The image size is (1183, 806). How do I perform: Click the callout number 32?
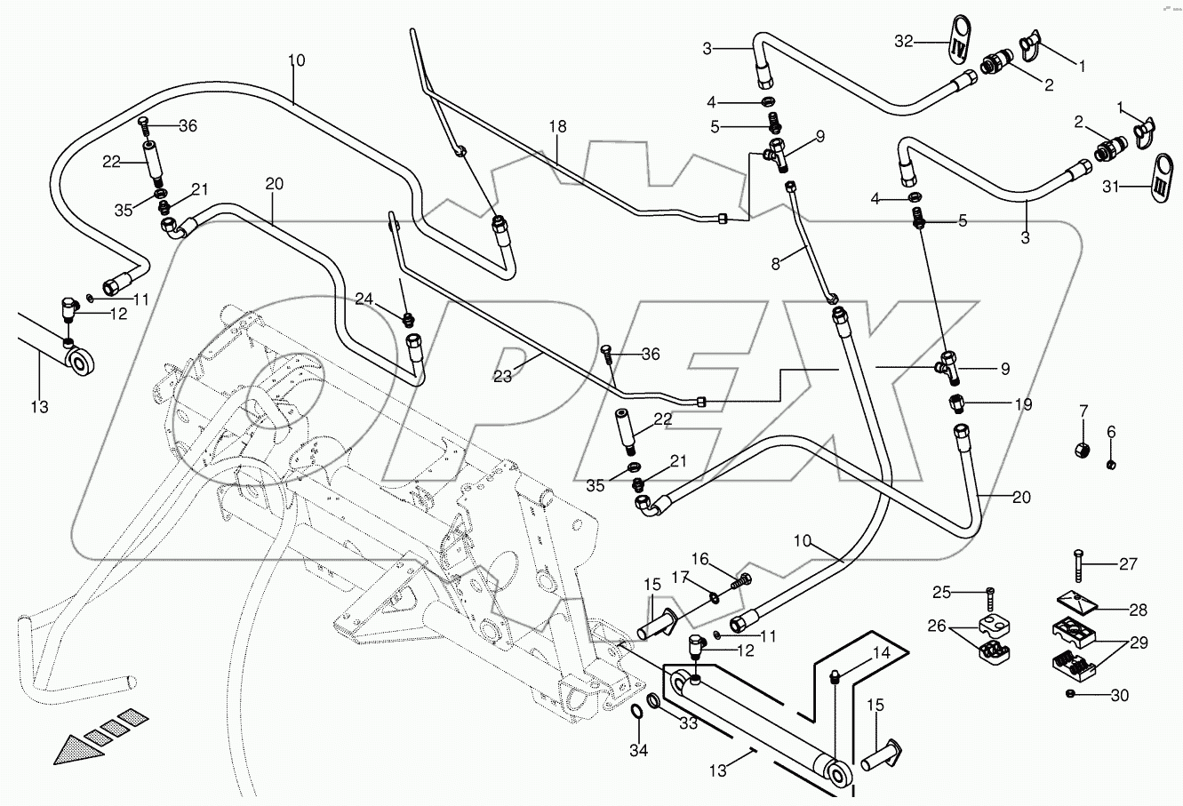903,41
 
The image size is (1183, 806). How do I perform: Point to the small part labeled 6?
1111,465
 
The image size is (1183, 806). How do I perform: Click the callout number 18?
556,127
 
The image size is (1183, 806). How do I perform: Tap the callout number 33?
689,724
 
